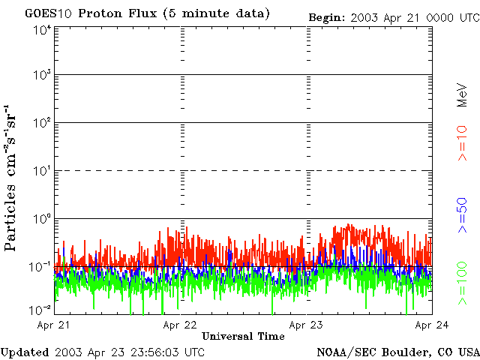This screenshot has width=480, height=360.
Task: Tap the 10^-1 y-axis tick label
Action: pyautogui.click(x=41, y=265)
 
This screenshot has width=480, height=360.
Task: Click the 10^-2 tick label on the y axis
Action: pyautogui.click(x=41, y=310)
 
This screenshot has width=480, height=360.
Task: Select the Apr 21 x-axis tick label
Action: pyautogui.click(x=54, y=325)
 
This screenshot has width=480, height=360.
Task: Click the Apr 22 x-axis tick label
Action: pyautogui.click(x=180, y=325)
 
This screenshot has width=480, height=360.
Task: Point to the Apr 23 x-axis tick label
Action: pyautogui.click(x=306, y=325)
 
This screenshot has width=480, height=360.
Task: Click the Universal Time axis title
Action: pyautogui.click(x=243, y=337)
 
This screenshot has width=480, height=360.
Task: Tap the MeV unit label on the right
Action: pyautogui.click(x=463, y=95)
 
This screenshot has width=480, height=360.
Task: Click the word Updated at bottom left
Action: pyautogui.click(x=25, y=352)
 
